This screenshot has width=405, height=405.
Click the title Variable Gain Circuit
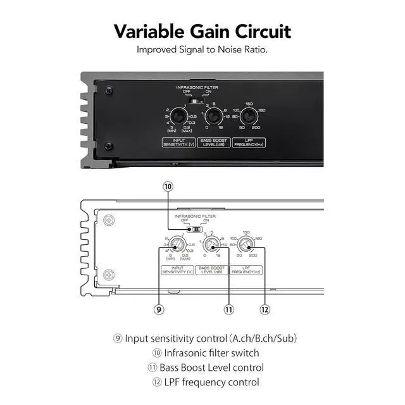(x=202, y=31)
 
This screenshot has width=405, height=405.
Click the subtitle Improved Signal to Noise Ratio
(x=202, y=49)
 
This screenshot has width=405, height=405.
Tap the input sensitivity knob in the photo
(x=180, y=116)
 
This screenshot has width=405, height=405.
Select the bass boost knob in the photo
(x=214, y=116)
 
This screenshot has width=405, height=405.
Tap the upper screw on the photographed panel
(x=109, y=91)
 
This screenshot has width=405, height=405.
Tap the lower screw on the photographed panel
(x=109, y=147)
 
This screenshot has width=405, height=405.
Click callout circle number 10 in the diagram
(x=167, y=187)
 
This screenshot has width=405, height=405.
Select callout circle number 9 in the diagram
(x=159, y=309)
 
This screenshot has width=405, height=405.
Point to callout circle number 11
(x=228, y=309)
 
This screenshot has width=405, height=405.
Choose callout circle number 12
(x=265, y=309)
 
